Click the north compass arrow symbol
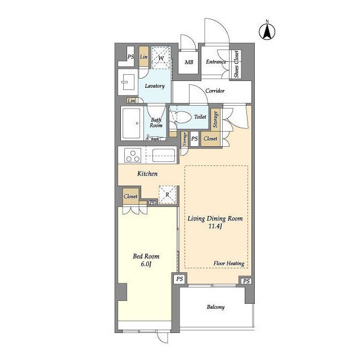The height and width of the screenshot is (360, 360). (x=267, y=31)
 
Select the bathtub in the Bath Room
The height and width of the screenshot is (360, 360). (x=131, y=123)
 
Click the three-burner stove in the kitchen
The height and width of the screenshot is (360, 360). (x=133, y=155)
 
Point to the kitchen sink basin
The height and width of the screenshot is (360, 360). (x=164, y=155)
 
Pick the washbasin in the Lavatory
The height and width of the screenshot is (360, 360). (x=128, y=82)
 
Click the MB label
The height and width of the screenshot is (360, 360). (x=189, y=62)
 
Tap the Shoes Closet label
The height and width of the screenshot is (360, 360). (x=236, y=64)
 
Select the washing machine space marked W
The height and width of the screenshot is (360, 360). (x=161, y=57)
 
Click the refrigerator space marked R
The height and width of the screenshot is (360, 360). (x=168, y=195)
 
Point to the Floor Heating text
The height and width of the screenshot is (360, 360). (x=229, y=263)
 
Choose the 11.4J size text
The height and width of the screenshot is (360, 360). (x=215, y=226)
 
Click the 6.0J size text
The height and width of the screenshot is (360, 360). (x=146, y=264)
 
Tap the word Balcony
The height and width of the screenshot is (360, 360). (x=215, y=307)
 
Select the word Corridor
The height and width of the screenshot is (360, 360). (x=215, y=91)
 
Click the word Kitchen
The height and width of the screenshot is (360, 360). (x=147, y=174)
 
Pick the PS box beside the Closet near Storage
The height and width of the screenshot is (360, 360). (x=195, y=139)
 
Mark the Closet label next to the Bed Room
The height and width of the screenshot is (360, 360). (x=130, y=196)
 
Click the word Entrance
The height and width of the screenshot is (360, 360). (x=216, y=62)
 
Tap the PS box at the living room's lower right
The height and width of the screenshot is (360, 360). (x=246, y=281)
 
